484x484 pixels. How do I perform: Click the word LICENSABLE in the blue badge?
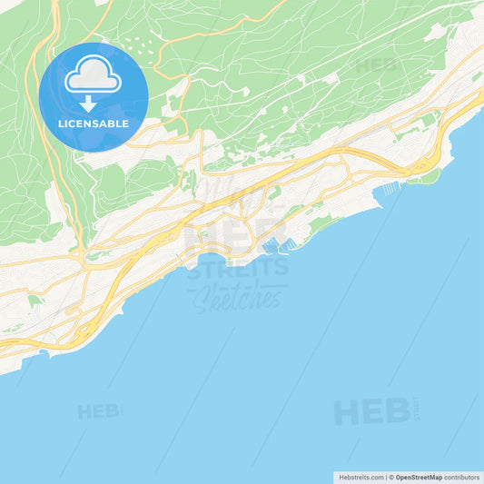coord(93,123)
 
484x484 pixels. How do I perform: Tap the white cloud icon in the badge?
coord(94,74)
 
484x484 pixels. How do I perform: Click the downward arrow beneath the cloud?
coord(88,103)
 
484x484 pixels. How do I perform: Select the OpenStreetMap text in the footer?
coord(419,477)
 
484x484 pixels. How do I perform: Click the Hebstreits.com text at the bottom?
coord(361,477)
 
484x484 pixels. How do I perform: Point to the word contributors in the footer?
coord(461,477)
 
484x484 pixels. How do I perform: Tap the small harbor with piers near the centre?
coord(275,244)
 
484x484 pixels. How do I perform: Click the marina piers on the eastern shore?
coord(391,188)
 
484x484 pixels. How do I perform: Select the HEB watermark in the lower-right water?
coord(372,411)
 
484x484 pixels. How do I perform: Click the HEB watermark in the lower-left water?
coord(99,411)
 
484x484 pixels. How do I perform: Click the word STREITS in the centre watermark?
coord(239,268)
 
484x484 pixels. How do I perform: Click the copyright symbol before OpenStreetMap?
coord(391,477)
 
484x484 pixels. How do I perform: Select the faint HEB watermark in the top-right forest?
coord(377,65)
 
